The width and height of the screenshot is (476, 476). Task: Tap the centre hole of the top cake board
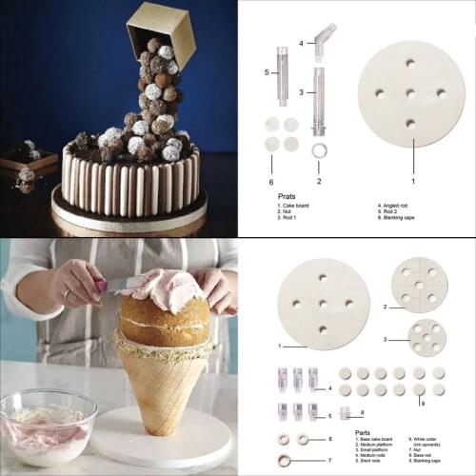point(410,95)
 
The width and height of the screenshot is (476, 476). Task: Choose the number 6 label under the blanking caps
point(271,181)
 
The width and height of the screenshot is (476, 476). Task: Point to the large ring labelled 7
point(285,461)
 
